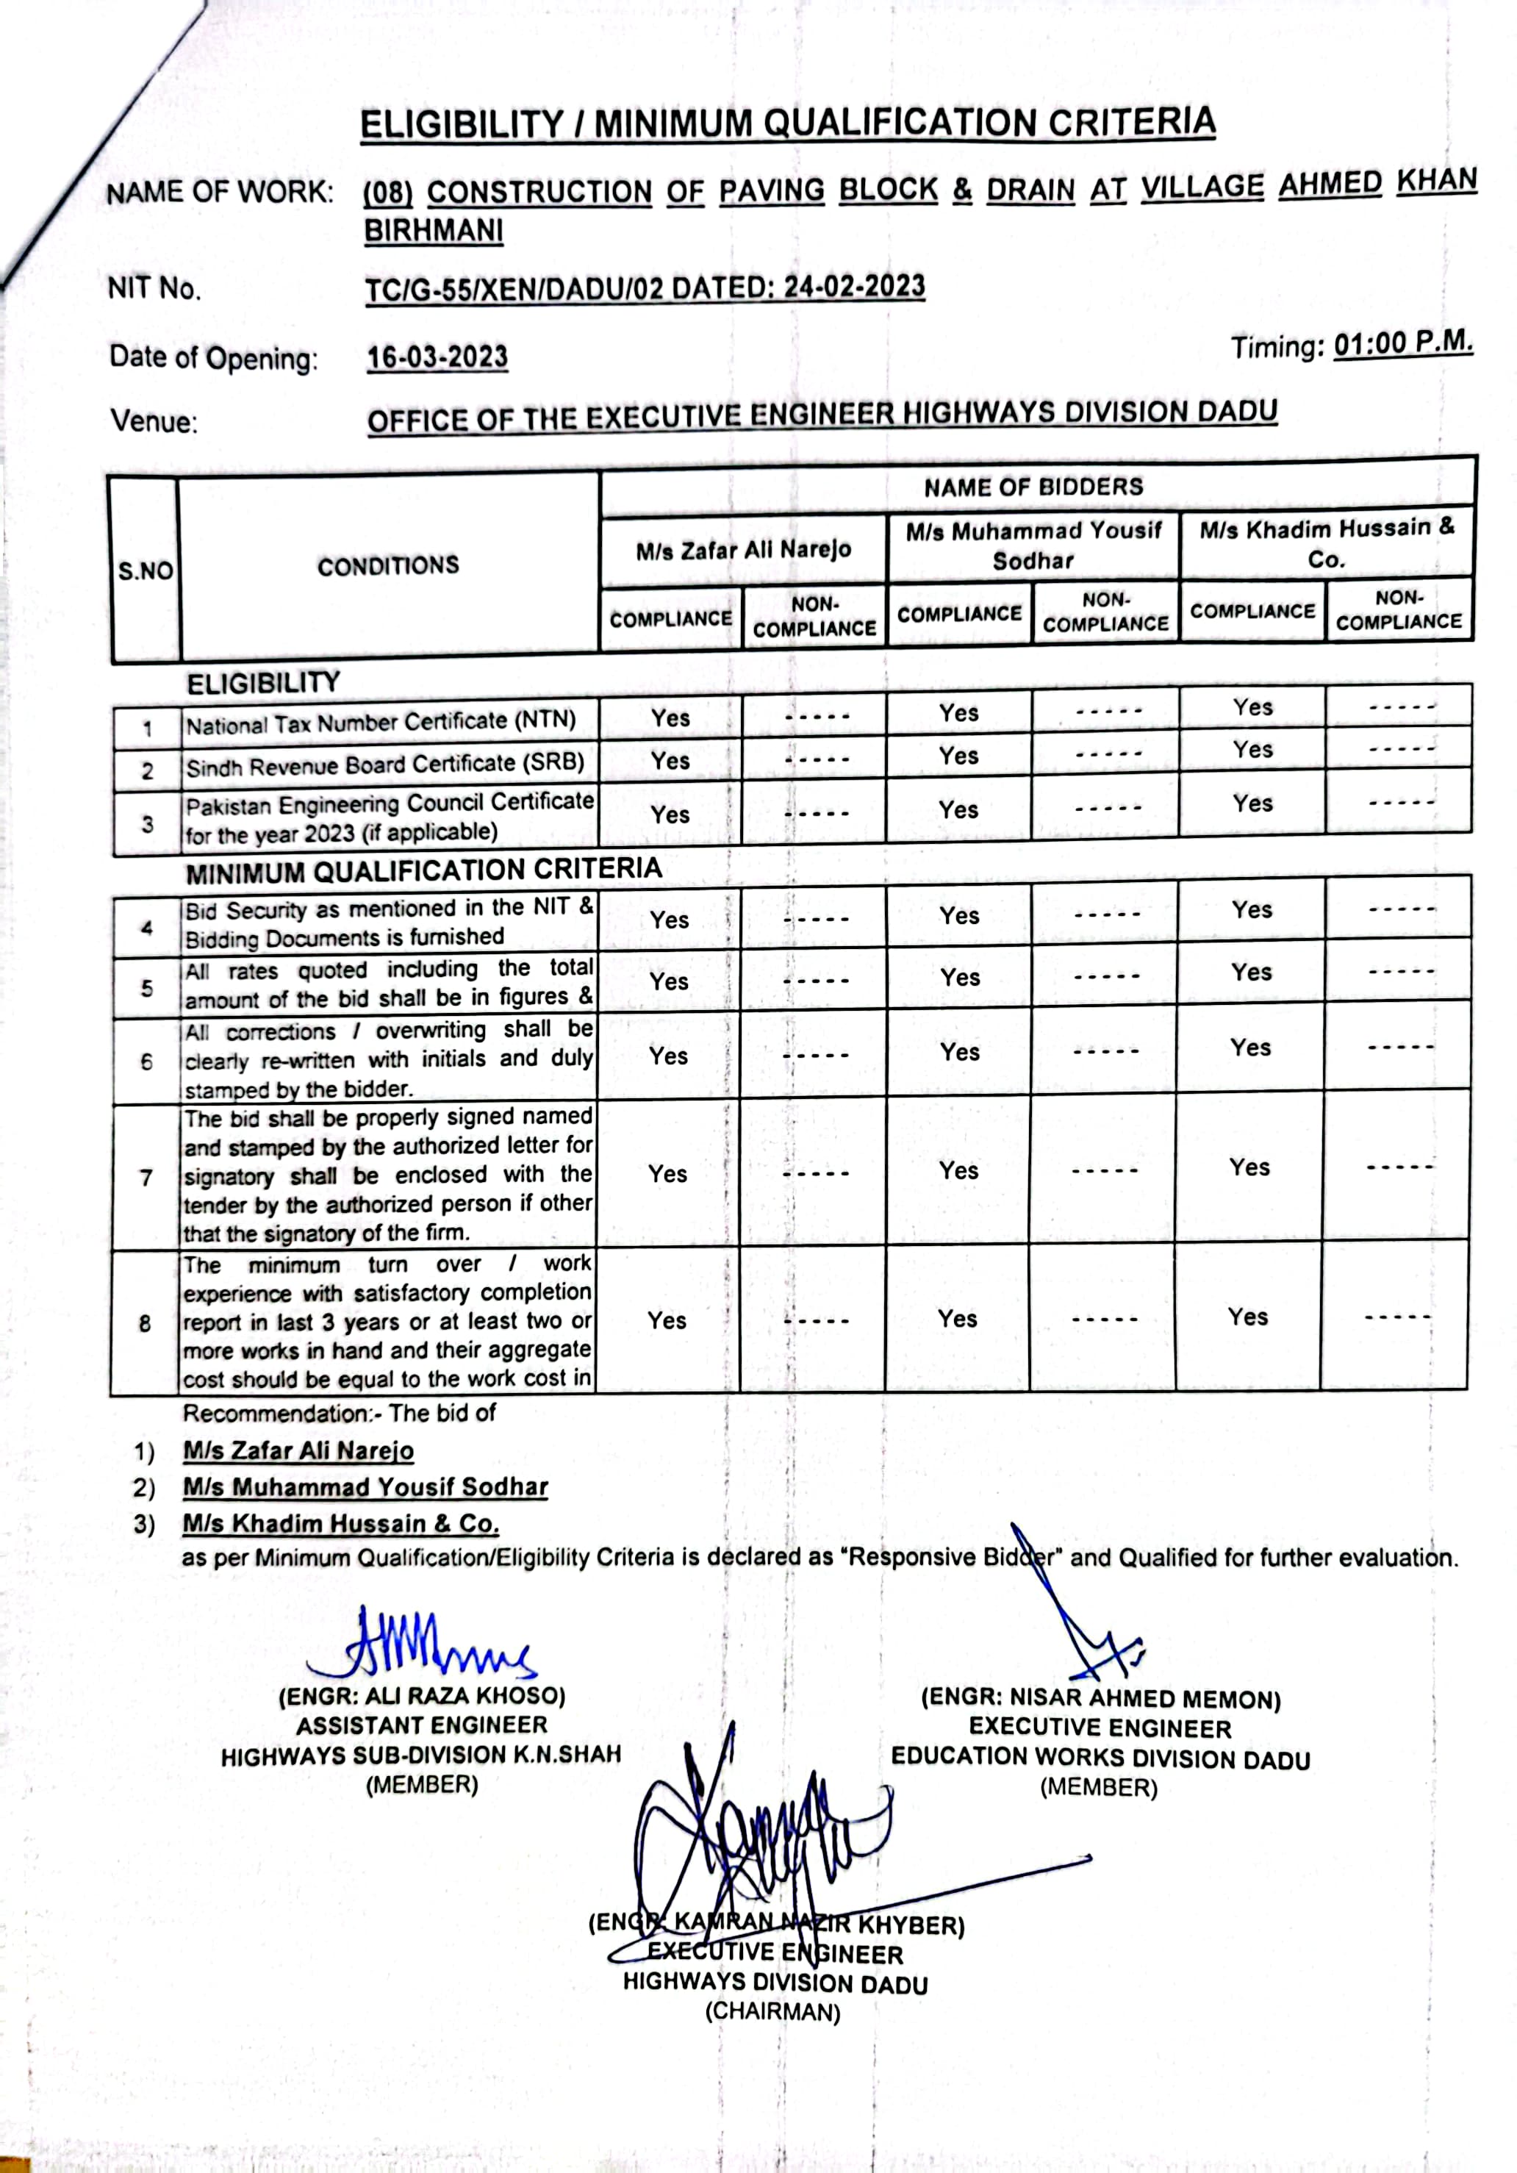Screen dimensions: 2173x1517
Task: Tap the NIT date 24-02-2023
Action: pyautogui.click(x=855, y=287)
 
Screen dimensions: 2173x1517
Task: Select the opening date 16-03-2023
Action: pyautogui.click(x=437, y=358)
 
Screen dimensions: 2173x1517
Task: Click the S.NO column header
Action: pyautogui.click(x=145, y=570)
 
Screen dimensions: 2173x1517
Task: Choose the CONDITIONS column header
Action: pyautogui.click(x=388, y=566)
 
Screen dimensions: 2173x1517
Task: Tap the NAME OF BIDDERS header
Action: pyautogui.click(x=1033, y=487)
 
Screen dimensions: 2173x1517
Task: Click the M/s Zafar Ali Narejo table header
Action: pyautogui.click(x=743, y=550)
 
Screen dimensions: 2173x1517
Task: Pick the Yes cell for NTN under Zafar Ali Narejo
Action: pyautogui.click(x=670, y=718)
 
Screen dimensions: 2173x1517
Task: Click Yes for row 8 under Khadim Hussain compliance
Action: pyautogui.click(x=1247, y=1317)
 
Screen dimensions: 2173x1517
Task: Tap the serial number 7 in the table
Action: pyautogui.click(x=146, y=1178)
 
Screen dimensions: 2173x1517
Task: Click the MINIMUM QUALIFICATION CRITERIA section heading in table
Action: pyautogui.click(x=423, y=870)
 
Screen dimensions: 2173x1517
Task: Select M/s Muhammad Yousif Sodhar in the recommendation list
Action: pyautogui.click(x=365, y=1487)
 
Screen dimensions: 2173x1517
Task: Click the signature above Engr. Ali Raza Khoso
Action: pyautogui.click(x=421, y=1645)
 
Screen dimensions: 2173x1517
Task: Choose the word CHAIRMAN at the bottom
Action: pyautogui.click(x=772, y=2012)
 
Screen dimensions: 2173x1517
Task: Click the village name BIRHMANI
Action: pyautogui.click(x=434, y=231)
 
